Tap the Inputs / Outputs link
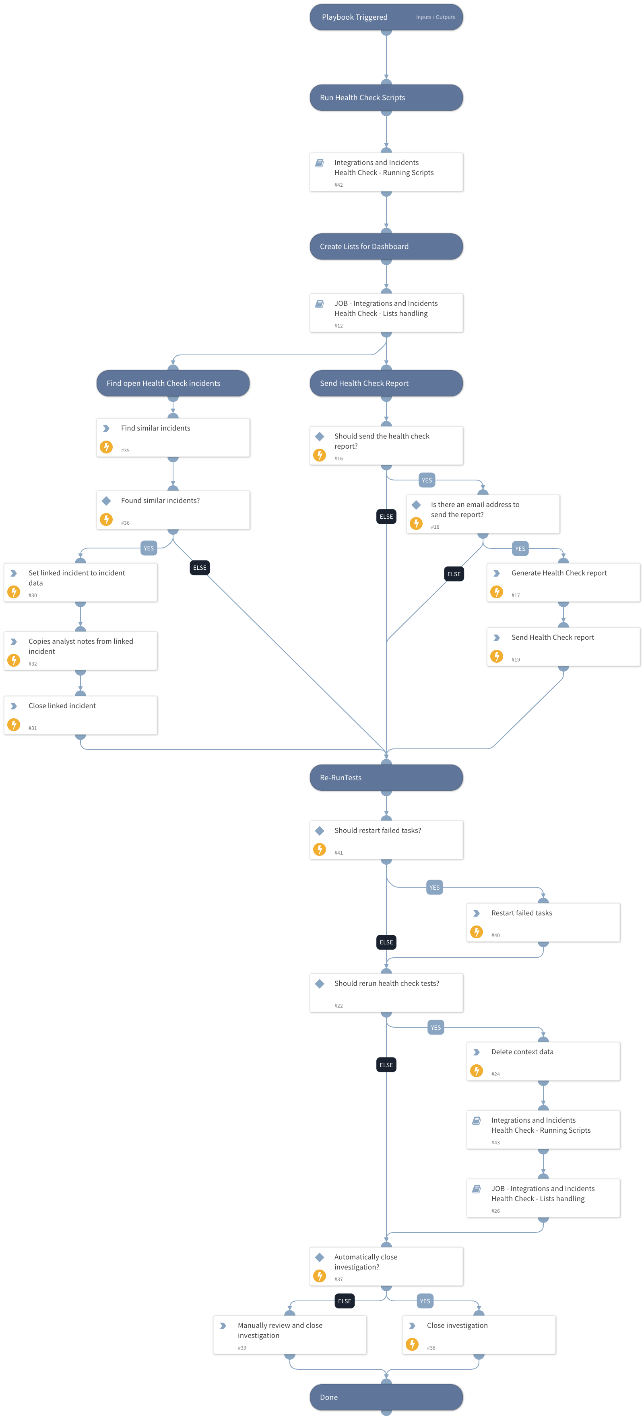pos(435,17)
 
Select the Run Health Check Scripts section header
pos(386,97)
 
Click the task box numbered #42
pos(386,172)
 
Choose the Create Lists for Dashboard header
pos(386,246)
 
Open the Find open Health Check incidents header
pos(173,383)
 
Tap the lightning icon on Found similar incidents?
pos(106,519)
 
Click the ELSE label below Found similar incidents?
pos(200,568)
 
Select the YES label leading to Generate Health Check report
pos(520,548)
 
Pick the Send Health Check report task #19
pos(563,647)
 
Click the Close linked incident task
pos(80,715)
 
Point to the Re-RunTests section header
pos(386,777)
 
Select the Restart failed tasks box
pos(543,922)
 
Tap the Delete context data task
pos(543,1061)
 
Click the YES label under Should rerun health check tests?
pos(436,1028)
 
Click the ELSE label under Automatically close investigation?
pos(345,1301)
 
